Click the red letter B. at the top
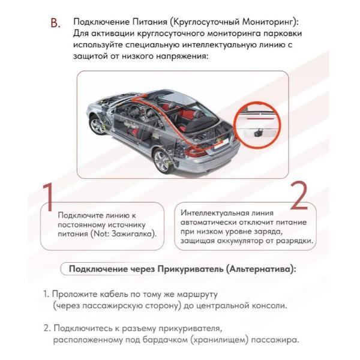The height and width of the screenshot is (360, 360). click(56, 23)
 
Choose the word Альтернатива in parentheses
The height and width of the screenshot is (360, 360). click(262, 268)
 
